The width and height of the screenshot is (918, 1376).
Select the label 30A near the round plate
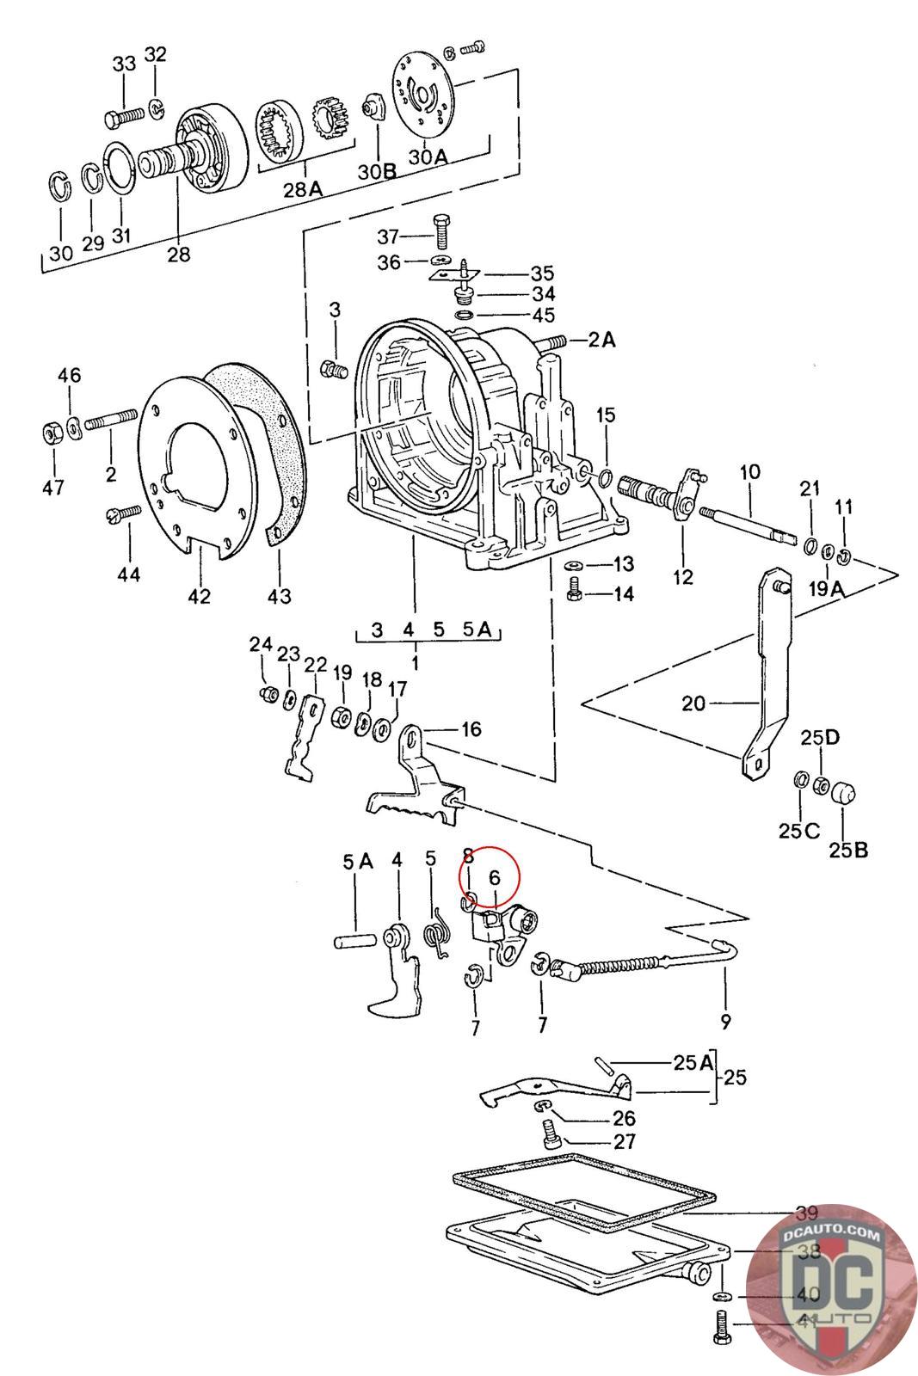(428, 157)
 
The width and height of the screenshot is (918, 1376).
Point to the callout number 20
(693, 703)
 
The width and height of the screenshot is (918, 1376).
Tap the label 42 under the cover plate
(199, 595)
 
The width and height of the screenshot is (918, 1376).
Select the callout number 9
(725, 1022)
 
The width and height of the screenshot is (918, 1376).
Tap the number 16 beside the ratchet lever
(471, 729)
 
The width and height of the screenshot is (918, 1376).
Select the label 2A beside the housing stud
(602, 340)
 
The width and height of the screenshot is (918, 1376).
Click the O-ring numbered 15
(606, 478)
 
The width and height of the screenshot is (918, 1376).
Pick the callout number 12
(682, 577)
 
